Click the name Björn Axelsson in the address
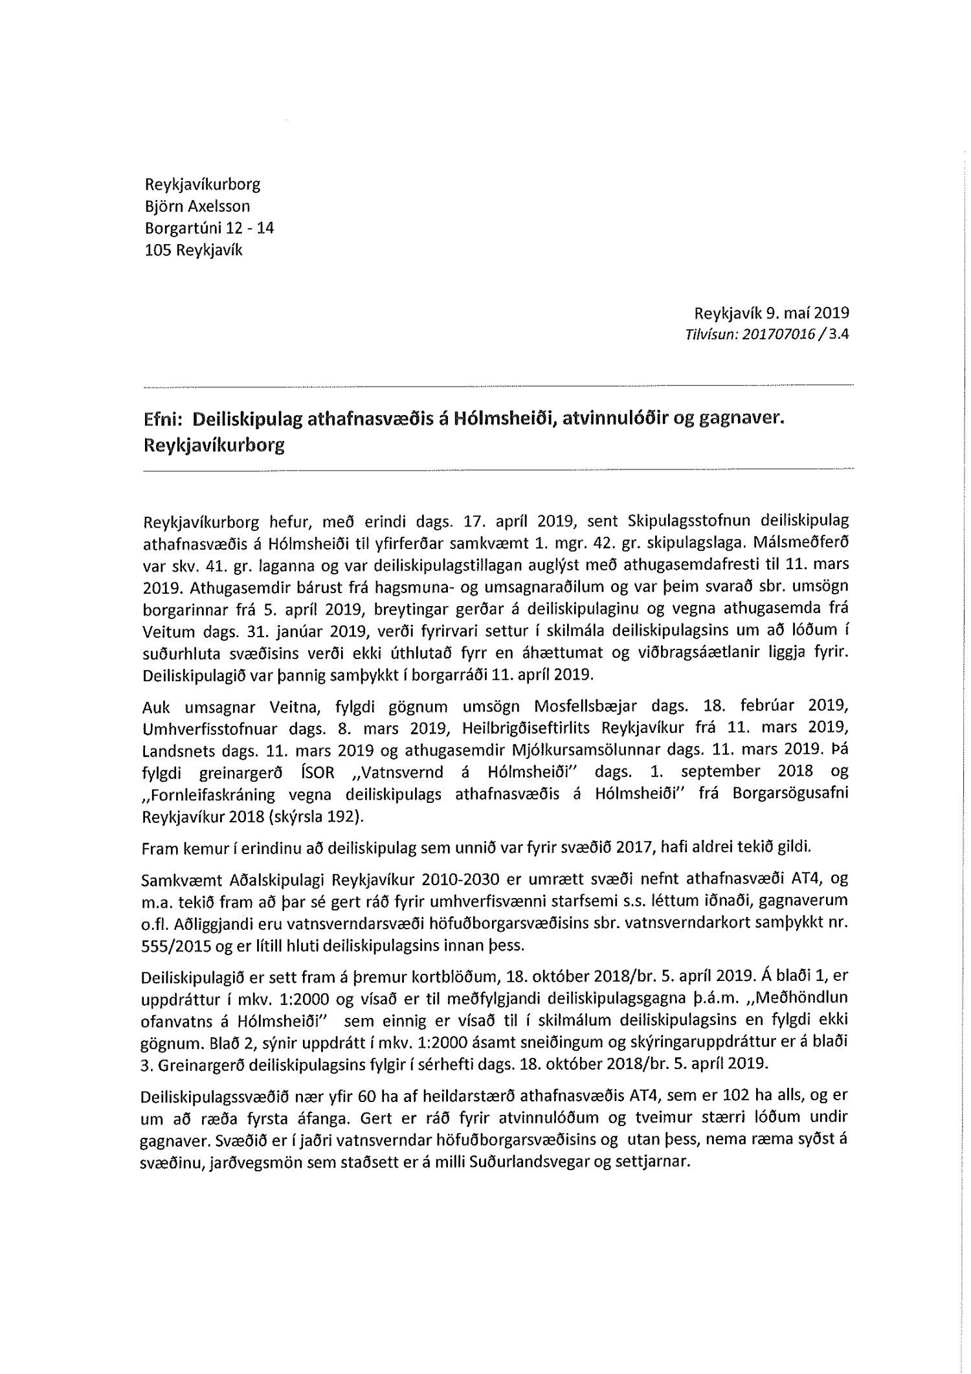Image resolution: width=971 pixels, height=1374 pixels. click(197, 207)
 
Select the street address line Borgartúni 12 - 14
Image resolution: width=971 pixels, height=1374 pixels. click(209, 229)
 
